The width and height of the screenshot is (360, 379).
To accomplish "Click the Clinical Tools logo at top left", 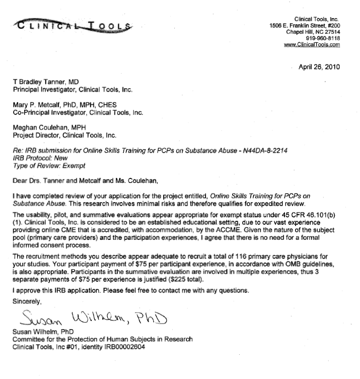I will pyautogui.click(x=74, y=25).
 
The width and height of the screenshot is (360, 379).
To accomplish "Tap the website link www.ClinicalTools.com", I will pyautogui.click(x=312, y=44).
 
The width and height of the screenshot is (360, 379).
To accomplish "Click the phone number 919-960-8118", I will pyautogui.click(x=323, y=38).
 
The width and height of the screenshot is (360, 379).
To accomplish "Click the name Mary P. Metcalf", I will pyautogui.click(x=41, y=104).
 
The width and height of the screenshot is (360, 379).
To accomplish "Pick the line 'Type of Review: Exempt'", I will pyautogui.click(x=49, y=165).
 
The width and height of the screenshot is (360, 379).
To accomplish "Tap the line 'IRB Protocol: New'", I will pyautogui.click(x=42, y=158).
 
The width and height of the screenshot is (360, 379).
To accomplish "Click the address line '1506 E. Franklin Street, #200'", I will pyautogui.click(x=305, y=25).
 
